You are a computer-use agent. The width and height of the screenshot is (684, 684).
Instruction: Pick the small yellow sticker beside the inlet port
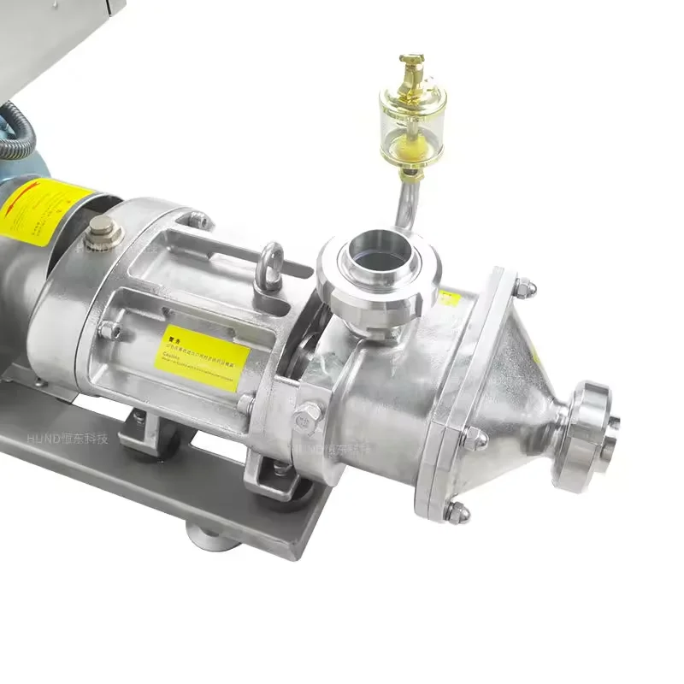[x=450, y=298]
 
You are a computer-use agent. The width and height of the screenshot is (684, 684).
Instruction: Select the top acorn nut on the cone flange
[x=524, y=287]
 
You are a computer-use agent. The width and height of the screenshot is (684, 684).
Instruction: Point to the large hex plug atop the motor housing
[x=103, y=227]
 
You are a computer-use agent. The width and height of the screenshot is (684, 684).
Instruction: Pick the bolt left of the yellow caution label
[x=109, y=329]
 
